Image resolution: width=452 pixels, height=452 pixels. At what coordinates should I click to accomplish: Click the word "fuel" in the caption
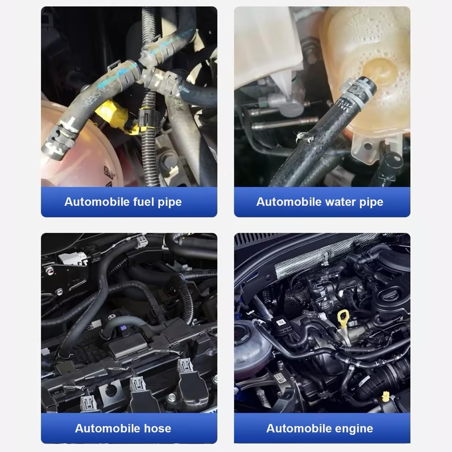click(x=144, y=202)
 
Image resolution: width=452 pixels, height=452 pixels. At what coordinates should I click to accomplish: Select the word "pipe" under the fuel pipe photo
click(x=170, y=202)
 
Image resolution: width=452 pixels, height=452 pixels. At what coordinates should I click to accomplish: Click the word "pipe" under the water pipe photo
click(x=372, y=202)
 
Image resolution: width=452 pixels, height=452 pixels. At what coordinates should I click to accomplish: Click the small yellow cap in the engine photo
click(x=385, y=395)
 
